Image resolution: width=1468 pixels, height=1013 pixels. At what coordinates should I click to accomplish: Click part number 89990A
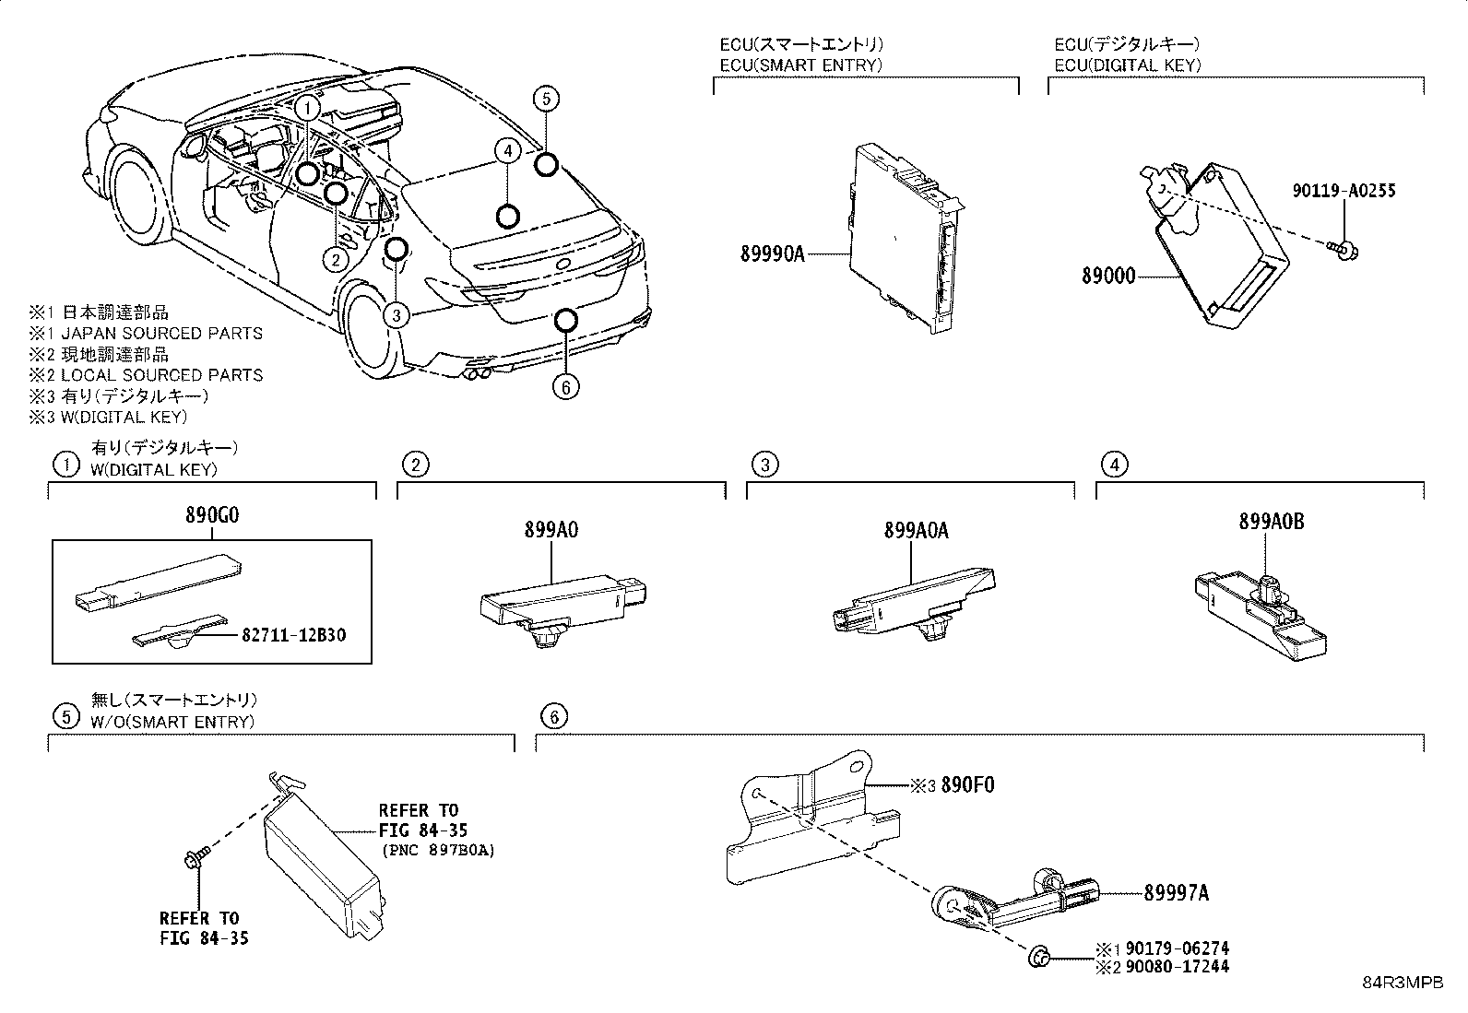(772, 253)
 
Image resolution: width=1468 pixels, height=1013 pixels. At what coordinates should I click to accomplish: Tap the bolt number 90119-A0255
(1343, 192)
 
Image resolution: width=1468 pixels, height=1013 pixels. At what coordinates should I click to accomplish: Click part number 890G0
(211, 516)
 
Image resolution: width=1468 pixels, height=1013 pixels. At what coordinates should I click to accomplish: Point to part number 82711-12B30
(294, 635)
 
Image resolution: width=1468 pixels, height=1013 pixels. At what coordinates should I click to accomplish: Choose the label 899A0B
(1271, 522)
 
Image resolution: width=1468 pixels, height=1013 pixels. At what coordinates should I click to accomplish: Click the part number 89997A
(1176, 892)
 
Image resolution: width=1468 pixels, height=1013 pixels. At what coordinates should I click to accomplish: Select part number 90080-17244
(1176, 966)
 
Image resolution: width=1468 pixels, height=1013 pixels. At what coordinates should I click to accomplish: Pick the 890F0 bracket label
(967, 785)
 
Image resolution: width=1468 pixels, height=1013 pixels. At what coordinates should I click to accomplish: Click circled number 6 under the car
(565, 386)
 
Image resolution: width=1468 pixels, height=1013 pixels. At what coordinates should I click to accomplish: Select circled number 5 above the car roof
(545, 98)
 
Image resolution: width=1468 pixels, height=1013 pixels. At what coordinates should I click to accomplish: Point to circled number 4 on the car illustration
(506, 151)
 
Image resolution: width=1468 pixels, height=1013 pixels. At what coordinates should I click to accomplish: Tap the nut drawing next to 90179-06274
(1039, 959)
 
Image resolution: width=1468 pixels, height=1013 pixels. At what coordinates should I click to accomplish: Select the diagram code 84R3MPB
(1403, 982)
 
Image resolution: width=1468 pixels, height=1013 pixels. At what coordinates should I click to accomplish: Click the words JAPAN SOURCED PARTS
(161, 333)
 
